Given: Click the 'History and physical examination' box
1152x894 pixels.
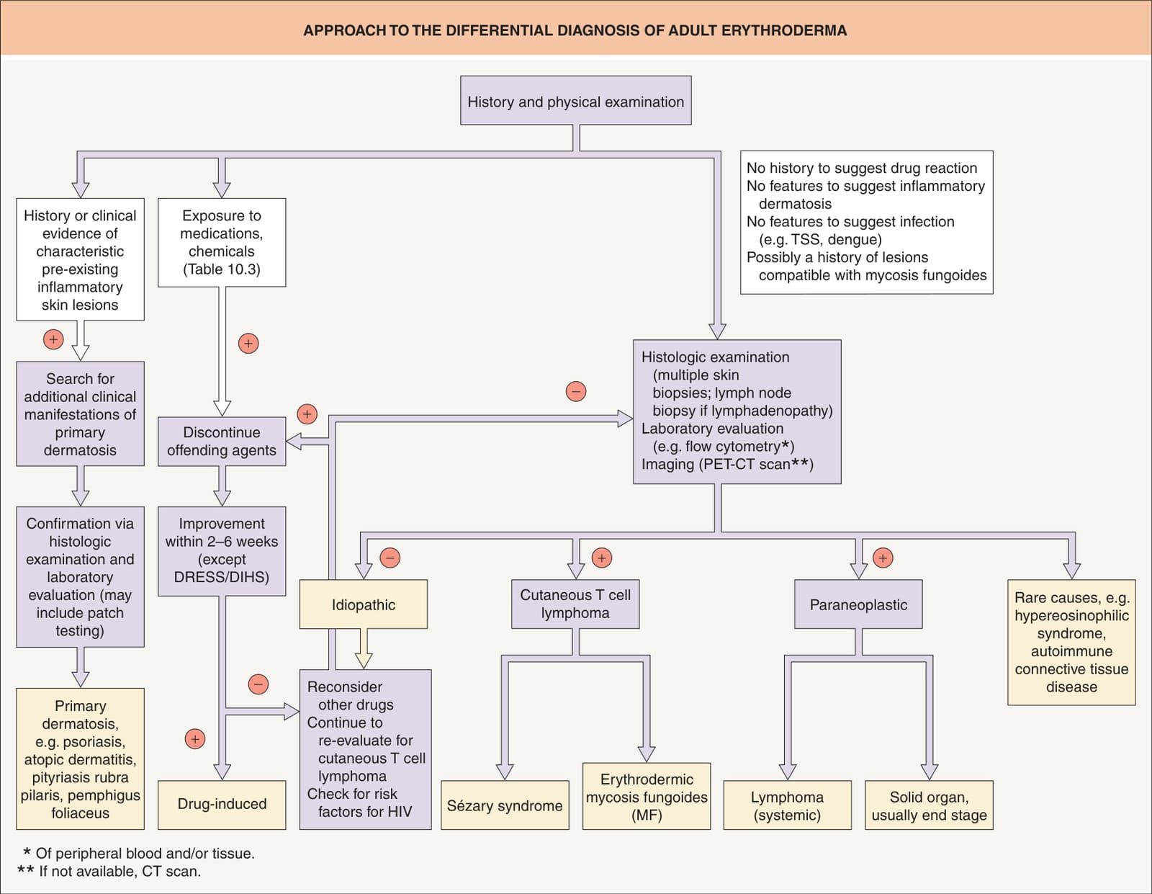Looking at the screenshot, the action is [x=576, y=101].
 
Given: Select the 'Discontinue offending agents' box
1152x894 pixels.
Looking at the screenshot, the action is [x=222, y=441].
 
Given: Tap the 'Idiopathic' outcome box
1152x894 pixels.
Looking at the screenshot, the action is [x=363, y=604].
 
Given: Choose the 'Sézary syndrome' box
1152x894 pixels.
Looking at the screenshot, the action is [x=505, y=805].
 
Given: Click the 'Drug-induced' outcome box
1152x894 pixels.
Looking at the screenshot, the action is [x=222, y=805].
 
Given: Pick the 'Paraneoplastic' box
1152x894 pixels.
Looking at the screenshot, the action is [x=858, y=604].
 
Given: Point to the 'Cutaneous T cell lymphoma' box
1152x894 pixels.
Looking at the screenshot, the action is [x=575, y=604].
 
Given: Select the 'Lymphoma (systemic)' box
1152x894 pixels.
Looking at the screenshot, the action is [x=787, y=805].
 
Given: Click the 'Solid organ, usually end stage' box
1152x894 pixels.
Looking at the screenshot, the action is [x=929, y=805].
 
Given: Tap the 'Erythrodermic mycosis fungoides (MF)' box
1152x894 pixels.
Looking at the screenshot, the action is [x=647, y=797].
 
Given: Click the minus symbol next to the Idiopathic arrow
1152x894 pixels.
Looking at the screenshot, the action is [x=390, y=558].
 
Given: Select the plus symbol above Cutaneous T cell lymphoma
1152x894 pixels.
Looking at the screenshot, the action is [x=602, y=558].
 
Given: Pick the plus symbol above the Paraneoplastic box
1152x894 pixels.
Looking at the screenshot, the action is [x=883, y=558].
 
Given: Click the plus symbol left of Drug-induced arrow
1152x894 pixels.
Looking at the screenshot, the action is [x=195, y=738].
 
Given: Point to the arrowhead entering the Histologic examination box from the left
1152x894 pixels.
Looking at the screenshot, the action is [x=626, y=419].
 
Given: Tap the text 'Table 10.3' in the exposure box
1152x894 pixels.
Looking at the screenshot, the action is [x=222, y=269].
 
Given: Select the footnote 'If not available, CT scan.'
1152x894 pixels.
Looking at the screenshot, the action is [x=120, y=871].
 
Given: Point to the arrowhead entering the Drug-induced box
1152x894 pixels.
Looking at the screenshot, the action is [x=222, y=772].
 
